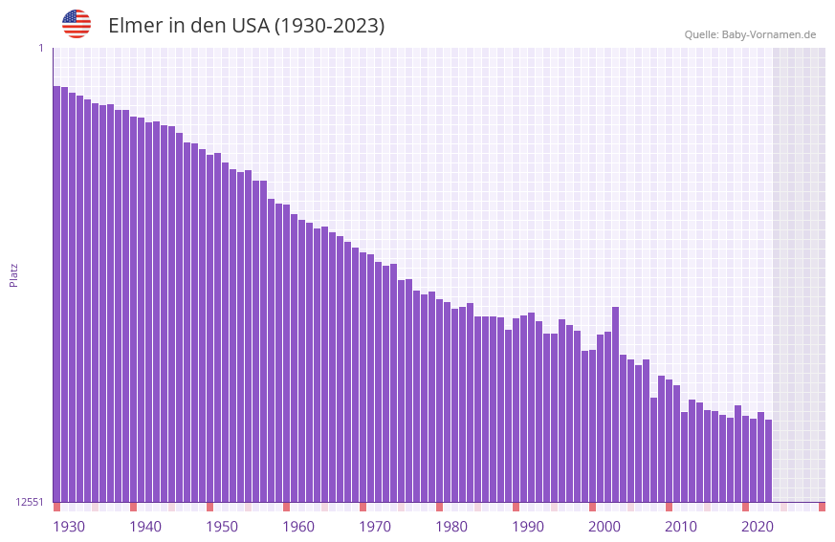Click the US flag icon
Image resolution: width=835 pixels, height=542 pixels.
coord(77,24)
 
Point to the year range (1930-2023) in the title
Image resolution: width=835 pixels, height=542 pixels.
coord(329,26)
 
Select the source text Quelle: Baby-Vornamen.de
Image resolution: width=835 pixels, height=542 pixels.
coord(750,34)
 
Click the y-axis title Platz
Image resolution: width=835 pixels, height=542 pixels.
coord(13,274)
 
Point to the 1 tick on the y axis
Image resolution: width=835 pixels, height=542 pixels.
coord(40,48)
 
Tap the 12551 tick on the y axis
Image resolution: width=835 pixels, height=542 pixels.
coord(31,502)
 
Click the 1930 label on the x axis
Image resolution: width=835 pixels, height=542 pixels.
coord(69,527)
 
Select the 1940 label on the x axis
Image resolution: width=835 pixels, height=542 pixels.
coord(145,527)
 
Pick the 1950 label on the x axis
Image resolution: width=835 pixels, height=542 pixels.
coord(222,527)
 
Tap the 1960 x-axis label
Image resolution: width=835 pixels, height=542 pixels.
coord(298,527)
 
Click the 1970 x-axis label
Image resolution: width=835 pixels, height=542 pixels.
coord(375,527)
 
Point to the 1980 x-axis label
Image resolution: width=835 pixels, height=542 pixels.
coord(451,527)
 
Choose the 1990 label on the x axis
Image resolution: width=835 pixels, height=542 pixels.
coord(528,527)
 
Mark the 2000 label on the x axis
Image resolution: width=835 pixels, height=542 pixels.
coord(604,527)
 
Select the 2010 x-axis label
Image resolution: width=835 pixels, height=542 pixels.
coord(681,527)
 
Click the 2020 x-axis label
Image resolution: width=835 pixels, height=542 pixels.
coord(758,527)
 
